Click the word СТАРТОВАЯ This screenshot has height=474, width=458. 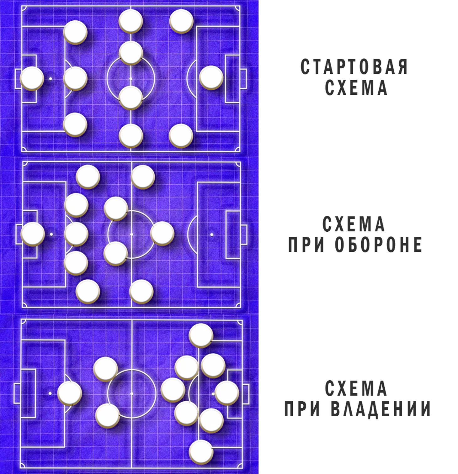pyautogui.click(x=354, y=66)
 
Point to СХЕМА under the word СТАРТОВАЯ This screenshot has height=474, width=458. pyautogui.click(x=356, y=87)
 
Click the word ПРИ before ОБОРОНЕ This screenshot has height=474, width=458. pyautogui.click(x=306, y=245)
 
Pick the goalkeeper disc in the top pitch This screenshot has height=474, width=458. pyautogui.click(x=32, y=78)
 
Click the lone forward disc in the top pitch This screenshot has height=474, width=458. pyautogui.click(x=211, y=78)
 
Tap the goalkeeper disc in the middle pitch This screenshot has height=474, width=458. pyautogui.click(x=33, y=234)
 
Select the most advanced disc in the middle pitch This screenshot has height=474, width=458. pyautogui.click(x=162, y=234)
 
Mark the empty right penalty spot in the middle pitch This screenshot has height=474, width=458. pyautogui.click(x=212, y=234)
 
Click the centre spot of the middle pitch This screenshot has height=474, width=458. pyautogui.click(x=131, y=234)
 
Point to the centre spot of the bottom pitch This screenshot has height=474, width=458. pyautogui.click(x=132, y=393)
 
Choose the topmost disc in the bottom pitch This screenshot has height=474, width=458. pyautogui.click(x=201, y=335)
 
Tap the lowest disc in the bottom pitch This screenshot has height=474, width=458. pyautogui.click(x=201, y=452)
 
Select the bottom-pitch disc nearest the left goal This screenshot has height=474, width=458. pyautogui.click(x=69, y=393)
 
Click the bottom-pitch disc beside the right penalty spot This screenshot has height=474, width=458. pyautogui.click(x=226, y=393)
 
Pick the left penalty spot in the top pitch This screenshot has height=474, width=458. pyautogui.click(x=51, y=78)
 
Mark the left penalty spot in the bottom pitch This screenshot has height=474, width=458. pyautogui.click(x=50, y=393)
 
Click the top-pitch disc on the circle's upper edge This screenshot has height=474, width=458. pyautogui.click(x=131, y=53)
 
